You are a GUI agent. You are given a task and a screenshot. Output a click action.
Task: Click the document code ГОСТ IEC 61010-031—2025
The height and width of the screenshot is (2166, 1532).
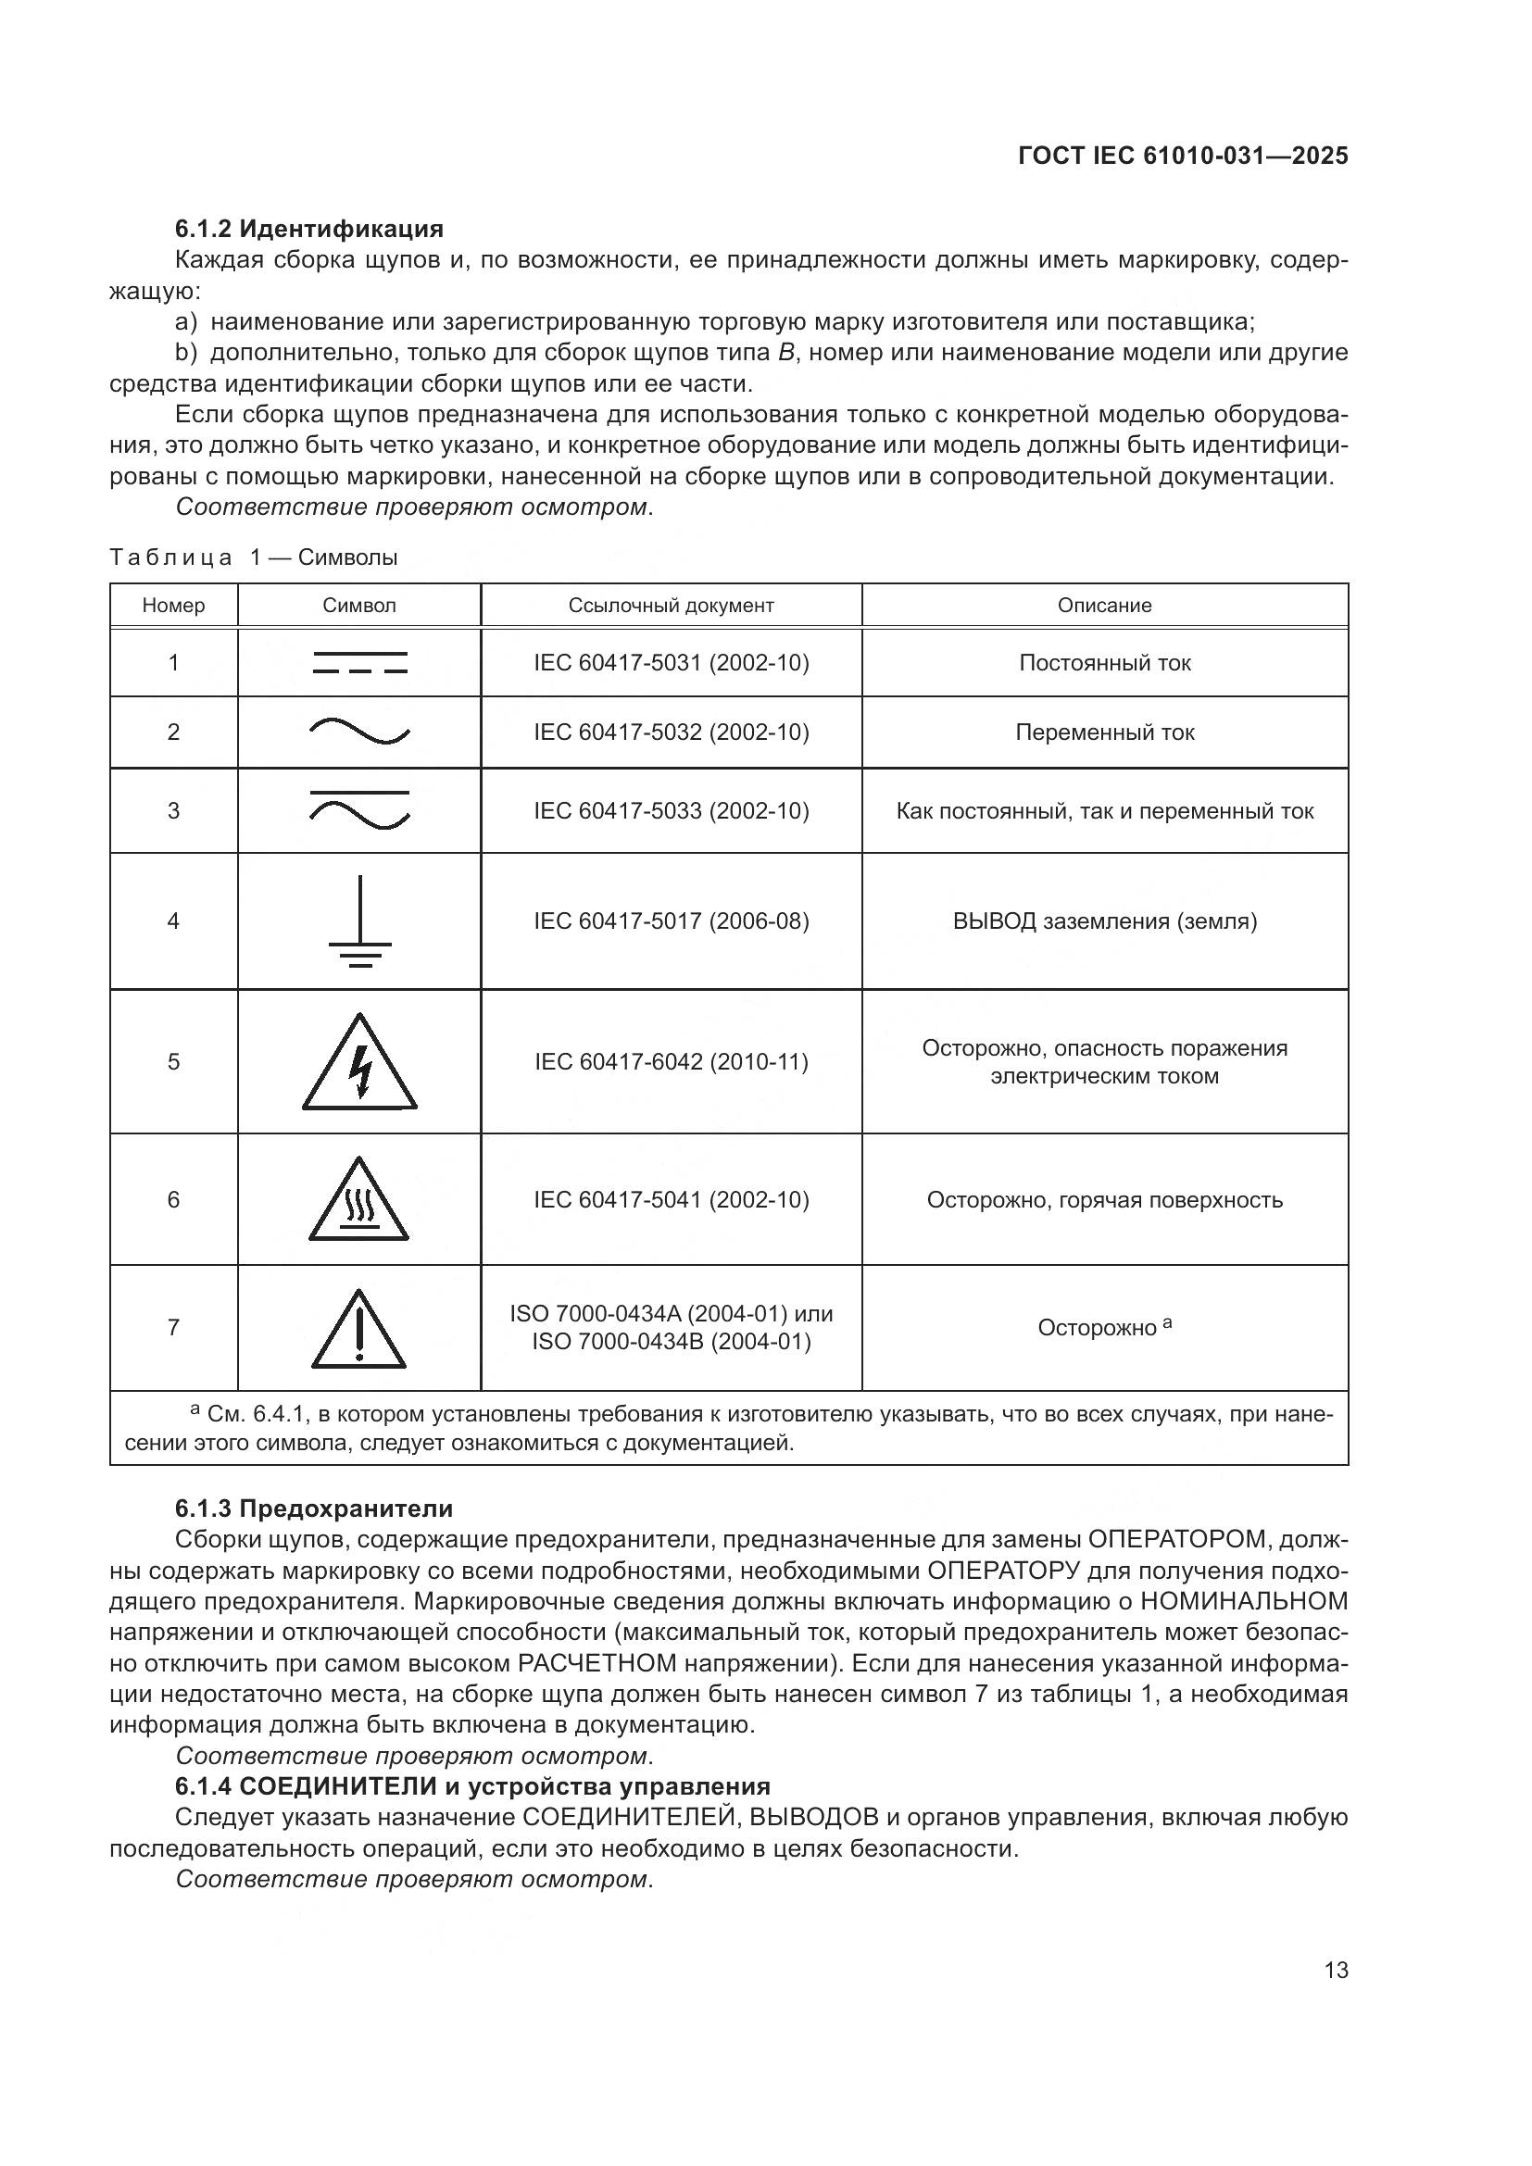1183,156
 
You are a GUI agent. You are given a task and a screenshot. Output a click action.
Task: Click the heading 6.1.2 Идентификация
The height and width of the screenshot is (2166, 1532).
308,229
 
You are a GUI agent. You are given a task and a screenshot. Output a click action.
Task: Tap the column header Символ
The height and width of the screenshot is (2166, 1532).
359,606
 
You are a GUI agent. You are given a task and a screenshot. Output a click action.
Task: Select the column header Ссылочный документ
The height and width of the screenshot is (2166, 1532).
671,606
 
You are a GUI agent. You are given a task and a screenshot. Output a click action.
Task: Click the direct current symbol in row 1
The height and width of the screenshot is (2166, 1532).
359,662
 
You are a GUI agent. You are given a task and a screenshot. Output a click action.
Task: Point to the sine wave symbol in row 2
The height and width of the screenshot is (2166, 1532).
359,732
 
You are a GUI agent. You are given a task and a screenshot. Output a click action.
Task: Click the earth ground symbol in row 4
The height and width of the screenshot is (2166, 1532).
359,921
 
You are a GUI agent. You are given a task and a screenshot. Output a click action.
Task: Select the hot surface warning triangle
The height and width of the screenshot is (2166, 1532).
358,1201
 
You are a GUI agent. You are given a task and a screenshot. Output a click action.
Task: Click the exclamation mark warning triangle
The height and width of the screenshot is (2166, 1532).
358,1330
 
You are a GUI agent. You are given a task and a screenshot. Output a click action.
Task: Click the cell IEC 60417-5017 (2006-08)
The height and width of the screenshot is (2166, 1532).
671,920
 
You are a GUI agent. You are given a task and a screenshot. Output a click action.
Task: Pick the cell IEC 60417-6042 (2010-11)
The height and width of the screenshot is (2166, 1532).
671,1062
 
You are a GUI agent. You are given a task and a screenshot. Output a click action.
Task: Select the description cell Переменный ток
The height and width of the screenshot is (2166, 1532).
1105,732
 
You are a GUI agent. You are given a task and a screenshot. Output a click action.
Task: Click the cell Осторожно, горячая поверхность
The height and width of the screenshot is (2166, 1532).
1105,1200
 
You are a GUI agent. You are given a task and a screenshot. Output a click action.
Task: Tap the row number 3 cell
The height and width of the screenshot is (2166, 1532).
173,811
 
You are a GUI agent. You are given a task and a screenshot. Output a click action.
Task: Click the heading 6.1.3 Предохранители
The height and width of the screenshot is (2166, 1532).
313,1509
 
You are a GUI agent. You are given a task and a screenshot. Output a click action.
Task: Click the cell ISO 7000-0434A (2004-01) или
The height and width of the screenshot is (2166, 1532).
671,1313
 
